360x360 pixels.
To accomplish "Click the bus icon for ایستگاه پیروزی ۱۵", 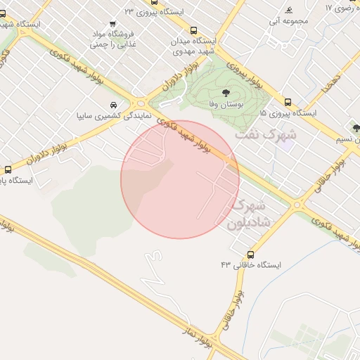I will click(288, 101).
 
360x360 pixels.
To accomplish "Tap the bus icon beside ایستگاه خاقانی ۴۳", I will click(251, 254).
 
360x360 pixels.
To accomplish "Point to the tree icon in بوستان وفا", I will click(225, 93).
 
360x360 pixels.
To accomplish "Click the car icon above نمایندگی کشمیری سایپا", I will click(114, 105).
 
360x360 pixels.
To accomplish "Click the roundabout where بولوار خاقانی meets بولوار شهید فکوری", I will click(297, 205).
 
